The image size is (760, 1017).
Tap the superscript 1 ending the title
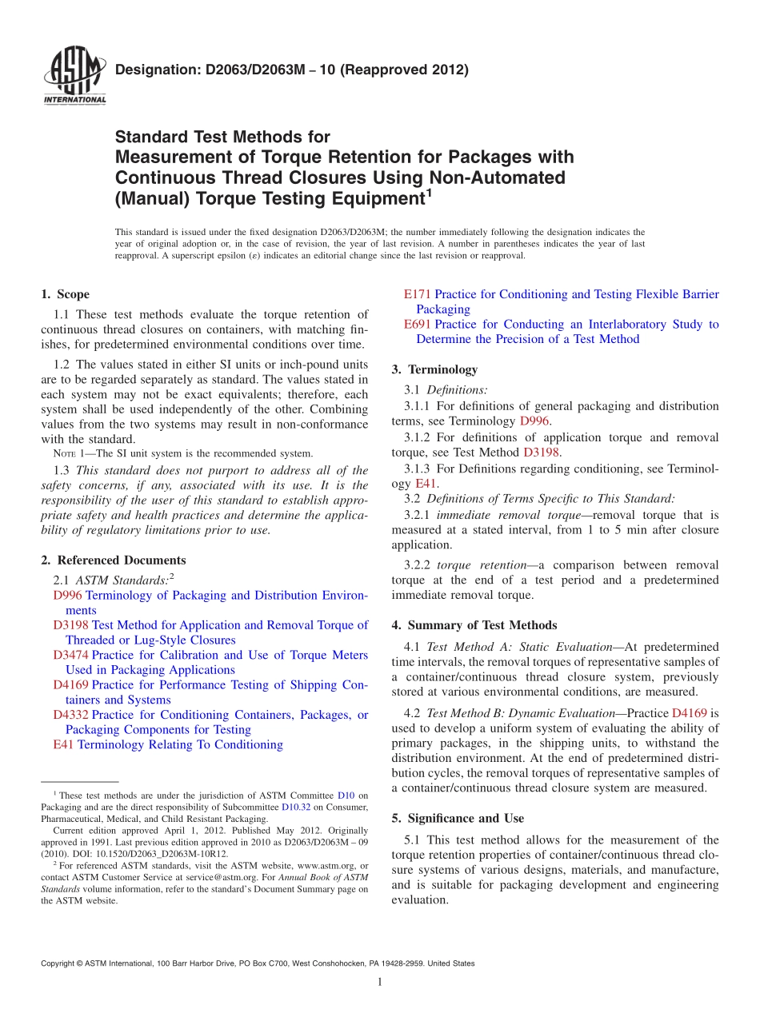(429, 193)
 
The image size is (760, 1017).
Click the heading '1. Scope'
(65, 294)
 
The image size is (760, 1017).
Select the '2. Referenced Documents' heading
(113, 560)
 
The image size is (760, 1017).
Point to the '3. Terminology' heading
(434, 369)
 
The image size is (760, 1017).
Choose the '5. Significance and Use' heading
(458, 818)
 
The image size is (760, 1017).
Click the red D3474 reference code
(70, 655)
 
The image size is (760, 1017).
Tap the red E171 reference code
(418, 294)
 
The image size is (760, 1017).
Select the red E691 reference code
(418, 324)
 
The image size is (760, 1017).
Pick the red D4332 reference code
(70, 715)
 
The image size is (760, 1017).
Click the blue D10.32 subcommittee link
(293, 807)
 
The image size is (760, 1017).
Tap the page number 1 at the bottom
(379, 982)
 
